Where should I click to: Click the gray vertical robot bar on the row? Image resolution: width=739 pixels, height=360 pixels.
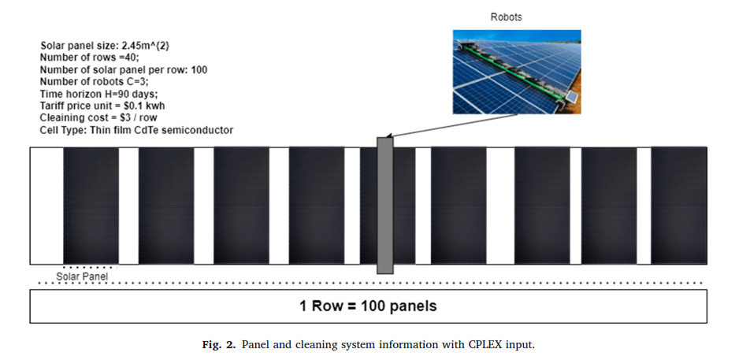384,205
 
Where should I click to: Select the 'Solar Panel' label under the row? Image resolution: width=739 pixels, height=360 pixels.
82,276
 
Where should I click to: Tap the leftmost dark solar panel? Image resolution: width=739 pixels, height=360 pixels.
91,205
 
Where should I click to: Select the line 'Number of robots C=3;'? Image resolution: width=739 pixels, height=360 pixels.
94,81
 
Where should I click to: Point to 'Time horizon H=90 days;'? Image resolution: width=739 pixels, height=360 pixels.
98,93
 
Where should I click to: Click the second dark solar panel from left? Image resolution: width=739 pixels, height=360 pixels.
165,205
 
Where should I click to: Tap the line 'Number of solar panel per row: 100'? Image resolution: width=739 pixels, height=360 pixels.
124,70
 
